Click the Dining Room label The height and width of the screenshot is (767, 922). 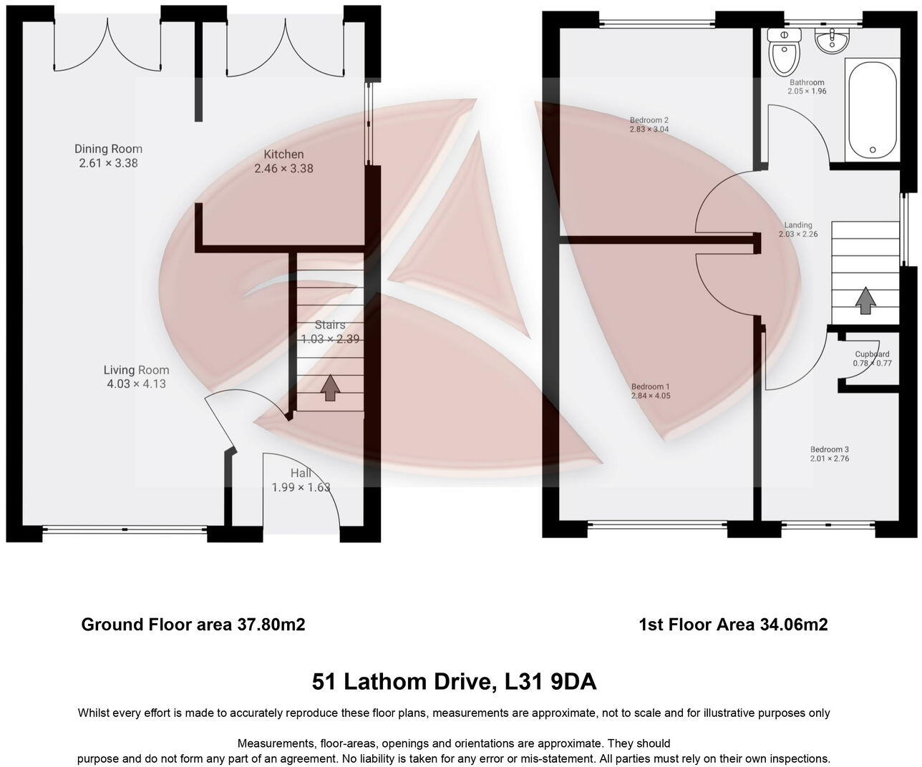[x=108, y=149]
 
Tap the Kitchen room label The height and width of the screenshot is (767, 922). [x=283, y=155]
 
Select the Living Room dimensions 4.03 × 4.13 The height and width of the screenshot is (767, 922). [x=136, y=383]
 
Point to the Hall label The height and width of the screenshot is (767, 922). [x=301, y=473]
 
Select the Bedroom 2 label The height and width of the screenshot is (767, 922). [x=649, y=120]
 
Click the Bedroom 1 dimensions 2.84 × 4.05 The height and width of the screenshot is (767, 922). [x=650, y=396]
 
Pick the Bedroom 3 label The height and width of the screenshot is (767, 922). [x=829, y=449]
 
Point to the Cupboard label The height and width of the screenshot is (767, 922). [x=872, y=354]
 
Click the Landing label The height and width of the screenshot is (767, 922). [x=798, y=225]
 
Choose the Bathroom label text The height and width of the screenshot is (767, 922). [x=807, y=83]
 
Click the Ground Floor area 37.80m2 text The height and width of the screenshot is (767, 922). [x=193, y=625]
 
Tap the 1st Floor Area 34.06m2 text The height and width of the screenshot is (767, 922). [x=733, y=625]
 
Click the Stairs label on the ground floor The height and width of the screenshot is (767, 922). [x=329, y=325]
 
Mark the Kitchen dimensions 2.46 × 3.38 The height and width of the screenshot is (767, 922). [x=283, y=169]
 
